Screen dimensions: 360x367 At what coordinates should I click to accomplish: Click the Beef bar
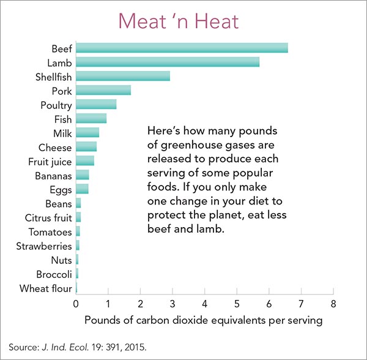coord(182,48)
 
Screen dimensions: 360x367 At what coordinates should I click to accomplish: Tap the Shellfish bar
coord(123,77)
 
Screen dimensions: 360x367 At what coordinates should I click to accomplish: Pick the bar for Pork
coord(103,91)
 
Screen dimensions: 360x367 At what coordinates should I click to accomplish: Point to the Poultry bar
coord(96,105)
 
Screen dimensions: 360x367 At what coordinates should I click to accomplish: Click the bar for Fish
coord(91,119)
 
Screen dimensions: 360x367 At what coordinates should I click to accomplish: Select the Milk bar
coord(87,133)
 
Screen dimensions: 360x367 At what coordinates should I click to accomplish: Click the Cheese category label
coord(55,148)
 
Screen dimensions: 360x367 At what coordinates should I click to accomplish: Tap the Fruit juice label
coord(50,162)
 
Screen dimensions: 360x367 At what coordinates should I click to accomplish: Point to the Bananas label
coord(53,176)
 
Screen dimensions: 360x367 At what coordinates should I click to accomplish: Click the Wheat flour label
coord(46,288)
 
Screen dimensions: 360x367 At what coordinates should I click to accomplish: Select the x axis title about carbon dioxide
coord(203,320)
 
